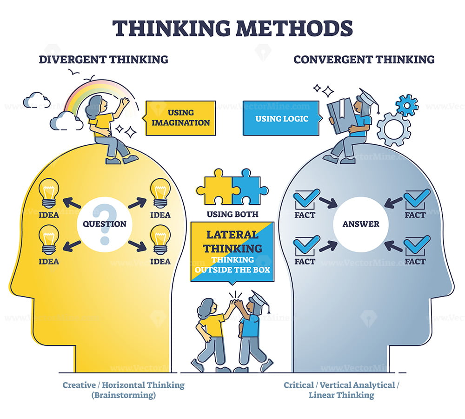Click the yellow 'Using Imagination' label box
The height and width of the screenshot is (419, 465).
[180, 118]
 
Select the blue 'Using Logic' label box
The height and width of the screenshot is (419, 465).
[282, 118]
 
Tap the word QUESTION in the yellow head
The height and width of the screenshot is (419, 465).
[104, 224]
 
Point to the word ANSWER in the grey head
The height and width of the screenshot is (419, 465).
[361, 224]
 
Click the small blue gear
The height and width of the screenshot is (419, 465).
[407, 105]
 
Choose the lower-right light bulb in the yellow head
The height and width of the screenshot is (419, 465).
[160, 240]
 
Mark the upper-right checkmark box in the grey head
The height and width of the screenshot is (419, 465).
[416, 198]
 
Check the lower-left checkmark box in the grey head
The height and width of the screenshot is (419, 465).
[306, 246]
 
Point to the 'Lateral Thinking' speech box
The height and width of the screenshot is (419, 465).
[232, 252]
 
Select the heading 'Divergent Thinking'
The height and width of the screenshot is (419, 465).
[103, 60]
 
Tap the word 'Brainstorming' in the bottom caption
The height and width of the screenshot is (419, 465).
[123, 395]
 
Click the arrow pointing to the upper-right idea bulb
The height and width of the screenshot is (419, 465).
[137, 203]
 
